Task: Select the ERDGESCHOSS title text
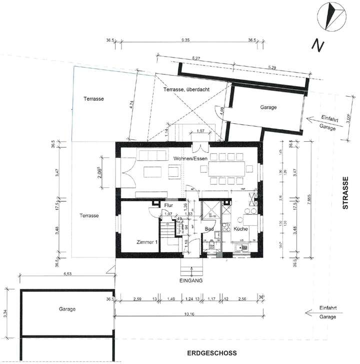pyautogui.click(x=209, y=352)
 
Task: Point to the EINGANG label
pyautogui.click(x=190, y=281)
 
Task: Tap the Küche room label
pyautogui.click(x=240, y=229)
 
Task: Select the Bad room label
pyautogui.click(x=209, y=229)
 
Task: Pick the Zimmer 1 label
pyautogui.click(x=147, y=242)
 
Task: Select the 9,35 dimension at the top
pyautogui.click(x=185, y=40)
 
